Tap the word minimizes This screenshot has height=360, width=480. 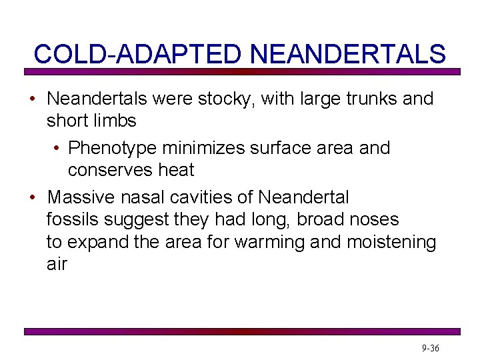click(205, 148)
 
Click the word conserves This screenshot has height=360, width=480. click(110, 170)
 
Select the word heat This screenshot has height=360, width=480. click(176, 170)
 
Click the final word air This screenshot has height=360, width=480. click(57, 264)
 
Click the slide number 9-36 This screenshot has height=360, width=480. click(430, 349)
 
